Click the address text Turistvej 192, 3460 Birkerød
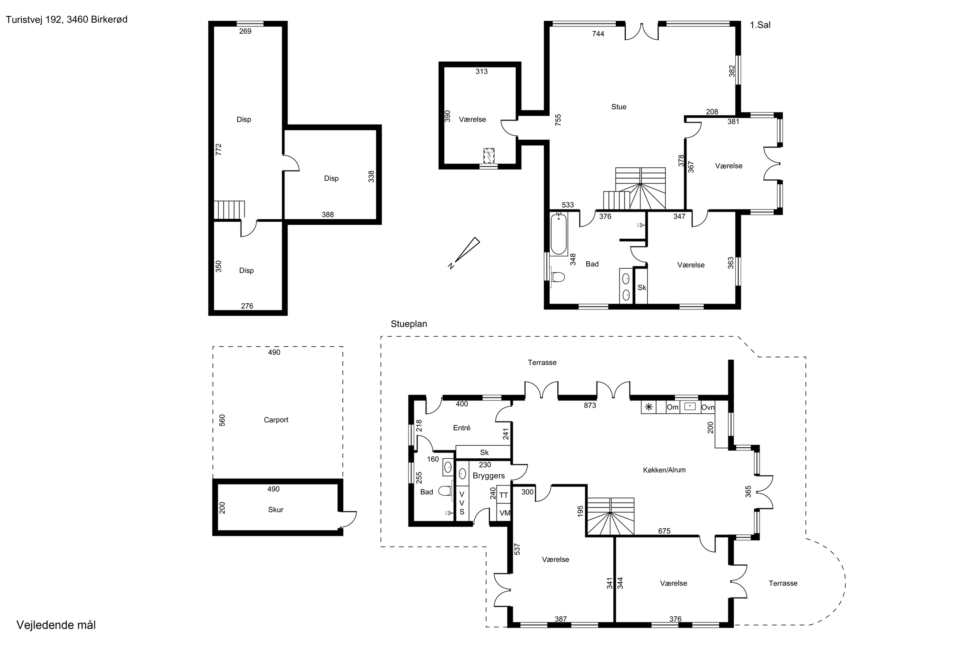pyautogui.click(x=66, y=19)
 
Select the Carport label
pyautogui.click(x=276, y=420)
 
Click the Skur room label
pyautogui.click(x=275, y=510)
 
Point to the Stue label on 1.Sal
pyautogui.click(x=619, y=107)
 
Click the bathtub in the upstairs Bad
pyautogui.click(x=558, y=234)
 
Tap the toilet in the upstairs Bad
pyautogui.click(x=557, y=277)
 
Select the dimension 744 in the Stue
pyautogui.click(x=598, y=34)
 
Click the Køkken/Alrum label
pyautogui.click(x=664, y=470)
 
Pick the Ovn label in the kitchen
pyautogui.click(x=708, y=407)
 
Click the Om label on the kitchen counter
pyautogui.click(x=673, y=407)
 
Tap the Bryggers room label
pyautogui.click(x=489, y=476)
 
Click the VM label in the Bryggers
pyautogui.click(x=505, y=513)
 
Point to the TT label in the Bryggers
pyautogui.click(x=503, y=495)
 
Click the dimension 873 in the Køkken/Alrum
pyautogui.click(x=590, y=405)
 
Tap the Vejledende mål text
pyautogui.click(x=56, y=625)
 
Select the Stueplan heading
pyautogui.click(x=409, y=324)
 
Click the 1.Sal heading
pyautogui.click(x=760, y=25)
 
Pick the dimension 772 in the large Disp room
pyautogui.click(x=219, y=149)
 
